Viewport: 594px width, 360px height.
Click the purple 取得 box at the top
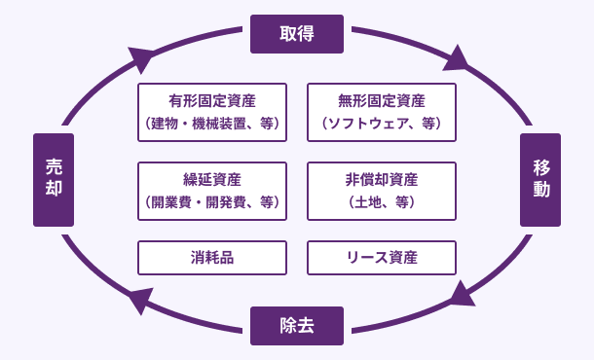point(297,34)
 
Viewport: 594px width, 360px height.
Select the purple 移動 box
point(540,180)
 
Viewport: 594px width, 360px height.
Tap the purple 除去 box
point(297,325)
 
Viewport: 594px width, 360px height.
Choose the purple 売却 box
point(54,180)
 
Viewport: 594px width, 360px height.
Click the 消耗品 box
point(212,258)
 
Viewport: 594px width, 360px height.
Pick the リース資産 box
point(381,258)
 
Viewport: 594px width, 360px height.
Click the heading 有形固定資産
point(212,100)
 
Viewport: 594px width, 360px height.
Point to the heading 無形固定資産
point(381,100)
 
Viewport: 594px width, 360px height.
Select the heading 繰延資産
point(212,179)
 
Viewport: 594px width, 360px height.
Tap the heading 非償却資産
point(381,179)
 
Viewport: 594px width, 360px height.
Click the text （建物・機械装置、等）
point(212,124)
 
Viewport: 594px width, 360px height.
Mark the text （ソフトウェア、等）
point(381,124)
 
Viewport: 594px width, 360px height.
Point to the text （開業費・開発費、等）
point(212,202)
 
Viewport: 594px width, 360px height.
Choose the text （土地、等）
point(381,202)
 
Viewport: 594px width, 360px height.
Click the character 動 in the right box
point(540,191)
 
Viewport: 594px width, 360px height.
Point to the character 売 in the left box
point(54,167)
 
